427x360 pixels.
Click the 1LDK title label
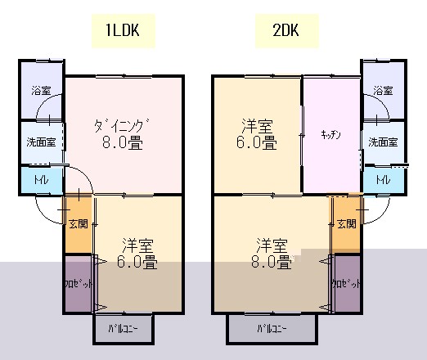[x=123, y=30]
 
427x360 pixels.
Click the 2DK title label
[x=285, y=30]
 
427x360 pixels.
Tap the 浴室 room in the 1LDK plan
[x=42, y=90]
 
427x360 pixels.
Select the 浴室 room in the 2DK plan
[x=384, y=90]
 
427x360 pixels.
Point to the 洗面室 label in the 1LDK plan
[x=41, y=142]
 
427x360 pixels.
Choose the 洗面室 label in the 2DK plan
[x=383, y=142]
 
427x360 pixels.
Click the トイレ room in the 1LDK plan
[x=42, y=180]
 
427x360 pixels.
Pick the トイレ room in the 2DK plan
[x=384, y=180]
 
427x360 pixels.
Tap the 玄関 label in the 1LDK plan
[x=79, y=224]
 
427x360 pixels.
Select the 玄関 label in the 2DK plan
[x=347, y=224]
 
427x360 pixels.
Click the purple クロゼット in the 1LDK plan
[x=79, y=284]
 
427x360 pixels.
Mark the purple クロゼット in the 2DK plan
[x=347, y=284]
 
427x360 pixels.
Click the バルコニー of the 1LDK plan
[x=124, y=329]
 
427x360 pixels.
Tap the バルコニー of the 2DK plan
[x=272, y=329]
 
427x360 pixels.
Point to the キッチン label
[x=330, y=135]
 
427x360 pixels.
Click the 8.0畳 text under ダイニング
[x=123, y=142]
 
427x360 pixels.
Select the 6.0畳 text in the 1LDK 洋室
[x=137, y=262]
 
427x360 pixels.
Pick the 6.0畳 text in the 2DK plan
[x=256, y=142]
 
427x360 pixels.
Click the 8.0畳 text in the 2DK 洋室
[x=271, y=262]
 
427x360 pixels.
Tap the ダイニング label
[x=122, y=125]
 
